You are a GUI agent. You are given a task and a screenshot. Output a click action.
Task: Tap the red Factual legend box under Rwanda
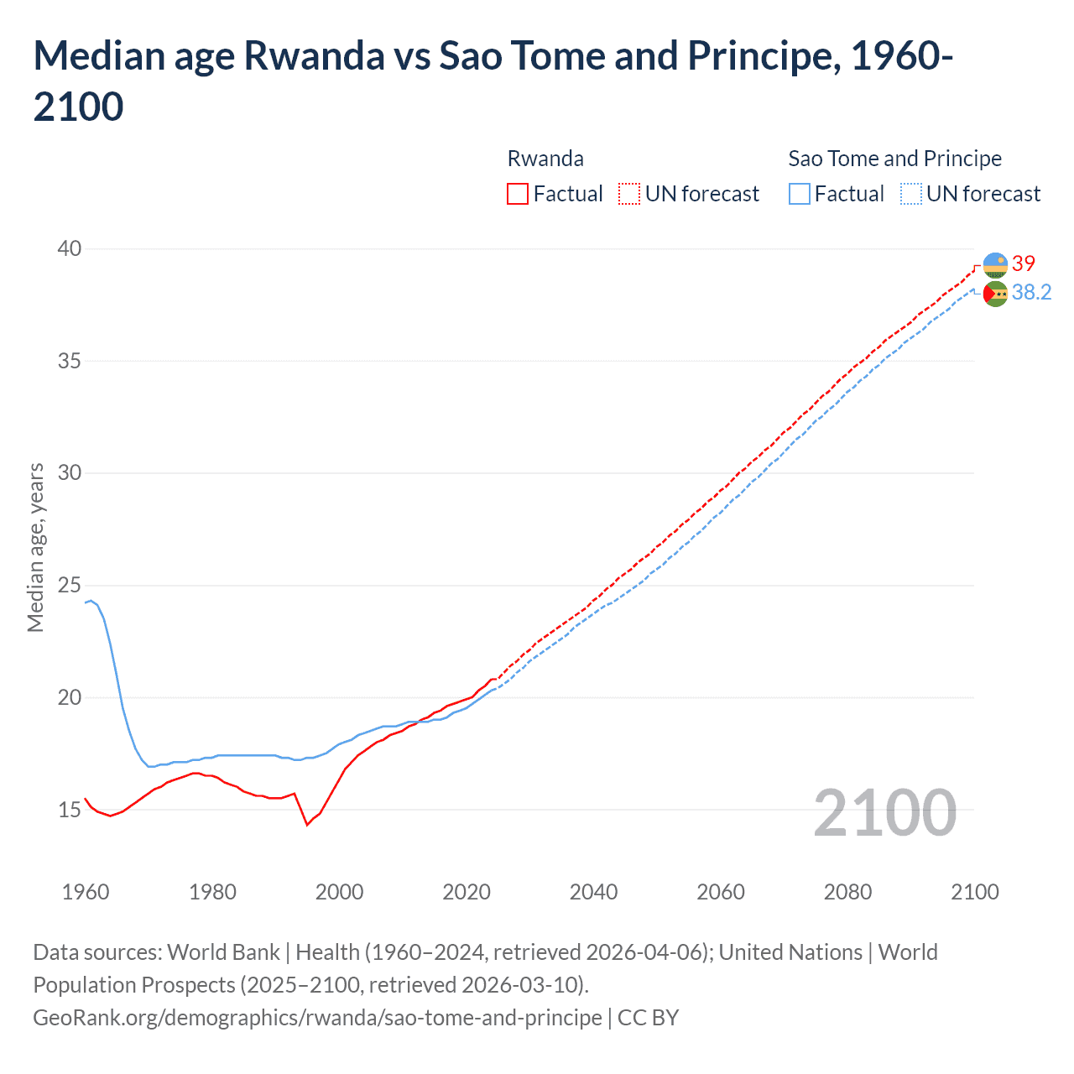point(518,194)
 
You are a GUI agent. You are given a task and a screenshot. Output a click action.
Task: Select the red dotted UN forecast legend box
point(629,194)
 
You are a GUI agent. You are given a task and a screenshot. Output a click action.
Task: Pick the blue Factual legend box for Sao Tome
point(800,194)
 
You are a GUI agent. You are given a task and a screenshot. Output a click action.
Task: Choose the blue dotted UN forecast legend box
point(911,194)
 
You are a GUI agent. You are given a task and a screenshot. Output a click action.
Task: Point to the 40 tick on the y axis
point(70,248)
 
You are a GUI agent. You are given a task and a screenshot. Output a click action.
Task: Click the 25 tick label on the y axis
point(70,585)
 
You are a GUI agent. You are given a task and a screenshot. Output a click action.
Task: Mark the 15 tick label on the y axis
point(70,810)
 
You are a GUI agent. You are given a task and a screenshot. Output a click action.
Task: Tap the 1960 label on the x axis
point(86,892)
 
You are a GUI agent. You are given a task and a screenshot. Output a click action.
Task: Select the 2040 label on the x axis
point(593,892)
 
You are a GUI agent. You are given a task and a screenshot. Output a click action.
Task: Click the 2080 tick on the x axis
point(847,892)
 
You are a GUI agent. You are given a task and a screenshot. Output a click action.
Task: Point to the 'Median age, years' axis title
point(35,547)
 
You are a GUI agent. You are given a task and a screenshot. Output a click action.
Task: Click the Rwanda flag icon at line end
point(995,265)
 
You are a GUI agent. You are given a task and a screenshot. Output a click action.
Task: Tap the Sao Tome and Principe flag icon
point(995,294)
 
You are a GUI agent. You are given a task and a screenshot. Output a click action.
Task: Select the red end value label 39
point(1024,264)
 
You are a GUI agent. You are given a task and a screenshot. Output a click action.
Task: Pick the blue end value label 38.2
point(1031,292)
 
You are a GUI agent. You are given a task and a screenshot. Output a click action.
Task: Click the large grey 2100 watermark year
point(884,813)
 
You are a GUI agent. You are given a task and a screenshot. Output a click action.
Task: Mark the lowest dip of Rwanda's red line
point(307,825)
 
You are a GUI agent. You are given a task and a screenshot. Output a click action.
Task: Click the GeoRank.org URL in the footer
point(317,1018)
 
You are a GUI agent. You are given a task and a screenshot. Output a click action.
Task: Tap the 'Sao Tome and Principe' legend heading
point(894,159)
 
